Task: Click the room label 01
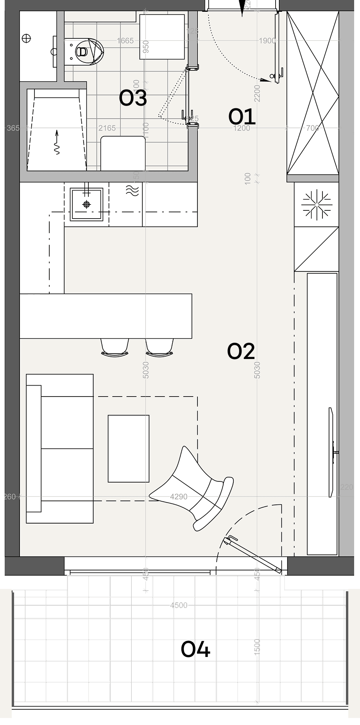point(242,117)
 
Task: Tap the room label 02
point(241,351)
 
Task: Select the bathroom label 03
point(133,98)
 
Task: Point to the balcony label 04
point(195,649)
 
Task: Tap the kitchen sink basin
point(86,204)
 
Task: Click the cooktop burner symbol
point(316,205)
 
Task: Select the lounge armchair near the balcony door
point(195,489)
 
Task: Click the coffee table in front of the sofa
point(129,449)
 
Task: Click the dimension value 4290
point(179,497)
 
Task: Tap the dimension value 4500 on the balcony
point(179,605)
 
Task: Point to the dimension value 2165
point(107,128)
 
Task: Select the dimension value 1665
point(125,41)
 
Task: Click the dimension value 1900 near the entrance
point(267,41)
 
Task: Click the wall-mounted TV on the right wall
point(331,452)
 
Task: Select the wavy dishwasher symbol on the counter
point(132,190)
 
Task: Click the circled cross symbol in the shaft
point(27,38)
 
